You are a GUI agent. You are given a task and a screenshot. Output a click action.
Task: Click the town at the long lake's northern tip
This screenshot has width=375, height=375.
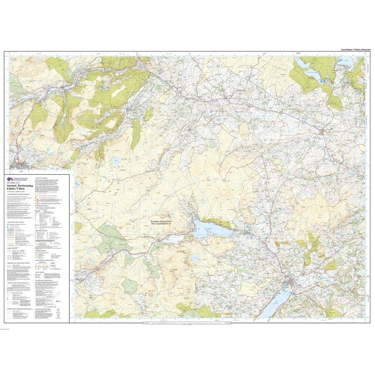point(292,283)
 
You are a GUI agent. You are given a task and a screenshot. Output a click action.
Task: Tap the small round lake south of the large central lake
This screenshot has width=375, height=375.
point(195,258)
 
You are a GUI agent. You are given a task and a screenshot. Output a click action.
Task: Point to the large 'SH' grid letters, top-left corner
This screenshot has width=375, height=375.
point(14,59)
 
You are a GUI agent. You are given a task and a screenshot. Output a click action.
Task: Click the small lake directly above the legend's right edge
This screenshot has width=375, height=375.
point(115,161)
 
